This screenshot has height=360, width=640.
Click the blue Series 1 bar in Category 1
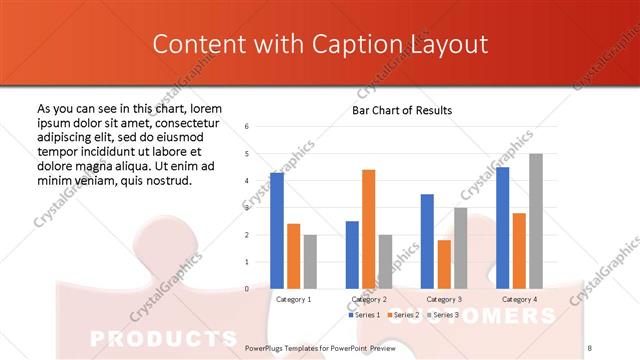point(277,231)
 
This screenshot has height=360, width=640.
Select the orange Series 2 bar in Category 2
point(368,229)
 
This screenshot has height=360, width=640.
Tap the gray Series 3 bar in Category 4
point(536,221)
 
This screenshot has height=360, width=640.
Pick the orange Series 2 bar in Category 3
point(444,264)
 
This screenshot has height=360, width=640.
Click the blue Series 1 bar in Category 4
point(502,228)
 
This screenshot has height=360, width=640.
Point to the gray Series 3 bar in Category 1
point(310,262)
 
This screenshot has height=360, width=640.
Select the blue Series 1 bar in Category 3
point(427,241)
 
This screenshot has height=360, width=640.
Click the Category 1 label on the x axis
point(293,299)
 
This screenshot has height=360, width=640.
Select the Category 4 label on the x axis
point(519,299)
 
